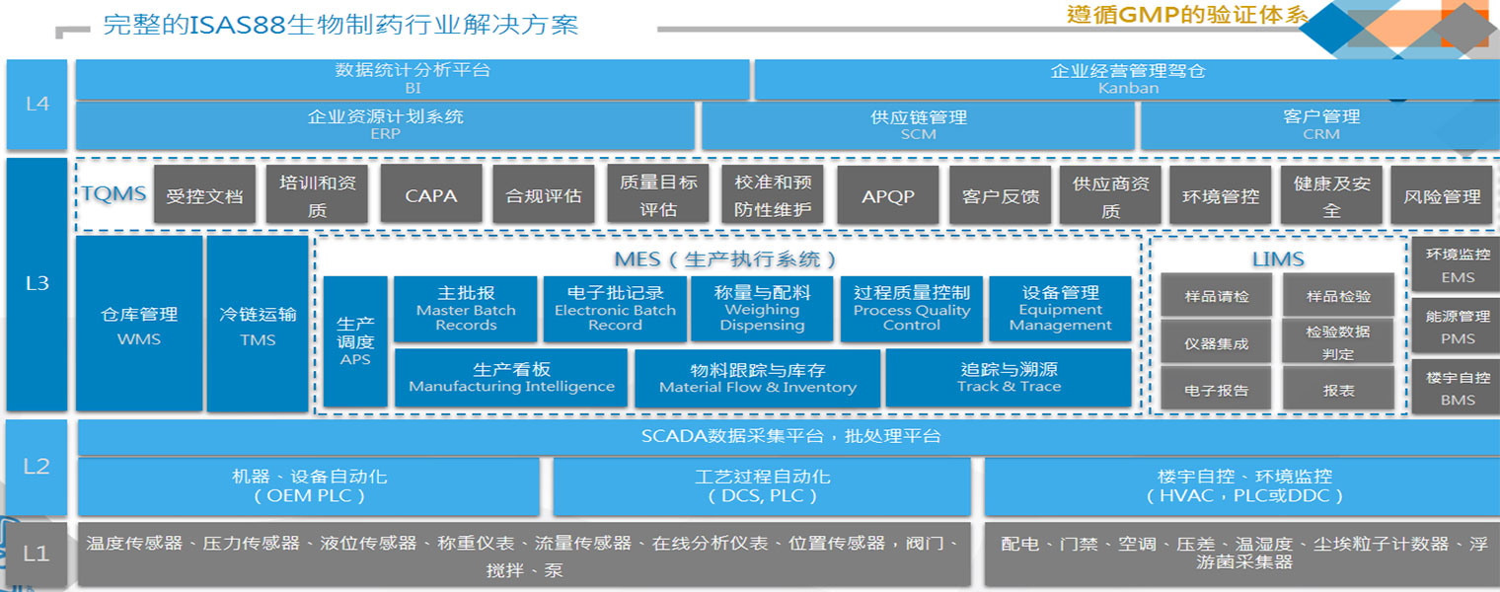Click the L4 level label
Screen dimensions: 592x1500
[37, 104]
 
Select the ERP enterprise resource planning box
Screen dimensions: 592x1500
[385, 125]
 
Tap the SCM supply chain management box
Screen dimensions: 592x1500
[918, 125]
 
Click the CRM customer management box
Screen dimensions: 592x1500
[1320, 125]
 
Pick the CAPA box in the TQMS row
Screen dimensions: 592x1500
[431, 195]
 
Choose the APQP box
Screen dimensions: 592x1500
[887, 195]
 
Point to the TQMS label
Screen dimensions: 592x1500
[113, 194]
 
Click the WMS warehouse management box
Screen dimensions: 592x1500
[139, 325]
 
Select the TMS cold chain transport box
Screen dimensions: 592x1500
[258, 325]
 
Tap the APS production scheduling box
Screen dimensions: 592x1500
[355, 341]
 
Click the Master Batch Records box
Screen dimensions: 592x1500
[466, 309]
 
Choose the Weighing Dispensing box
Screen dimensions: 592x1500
[762, 309]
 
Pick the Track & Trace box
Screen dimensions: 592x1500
[1009, 378]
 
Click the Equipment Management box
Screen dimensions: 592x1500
[1060, 309]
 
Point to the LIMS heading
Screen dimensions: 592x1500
[1277, 259]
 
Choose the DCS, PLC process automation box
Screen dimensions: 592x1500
[762, 486]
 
